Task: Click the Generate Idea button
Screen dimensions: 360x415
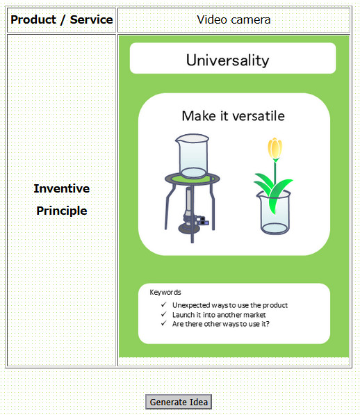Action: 179,402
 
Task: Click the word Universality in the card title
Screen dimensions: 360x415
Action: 228,60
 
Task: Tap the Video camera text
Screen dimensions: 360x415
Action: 234,20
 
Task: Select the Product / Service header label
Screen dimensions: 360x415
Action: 62,20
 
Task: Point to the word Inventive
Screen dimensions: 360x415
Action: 62,188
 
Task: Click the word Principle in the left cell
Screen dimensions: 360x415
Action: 62,211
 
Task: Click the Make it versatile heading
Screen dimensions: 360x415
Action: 234,116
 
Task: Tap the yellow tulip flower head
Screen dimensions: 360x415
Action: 275,147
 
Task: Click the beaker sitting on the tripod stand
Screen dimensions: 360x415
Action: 193,156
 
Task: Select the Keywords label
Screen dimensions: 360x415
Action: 165,292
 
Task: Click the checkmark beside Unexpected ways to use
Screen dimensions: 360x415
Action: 164,304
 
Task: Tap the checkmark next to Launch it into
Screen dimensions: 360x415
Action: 164,314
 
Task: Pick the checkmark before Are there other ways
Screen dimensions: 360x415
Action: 164,323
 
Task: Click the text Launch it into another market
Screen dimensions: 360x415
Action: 219,315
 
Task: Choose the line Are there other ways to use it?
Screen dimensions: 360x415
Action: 221,324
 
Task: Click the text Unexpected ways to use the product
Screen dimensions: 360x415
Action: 230,305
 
